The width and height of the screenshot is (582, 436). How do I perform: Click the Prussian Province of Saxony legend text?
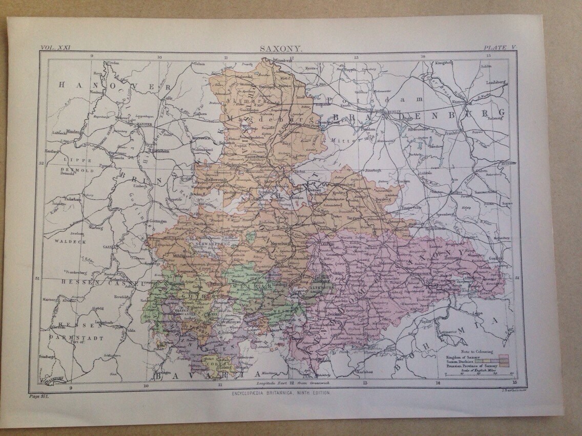pos(470,365)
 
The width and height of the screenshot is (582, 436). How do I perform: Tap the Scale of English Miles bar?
pos(479,375)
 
